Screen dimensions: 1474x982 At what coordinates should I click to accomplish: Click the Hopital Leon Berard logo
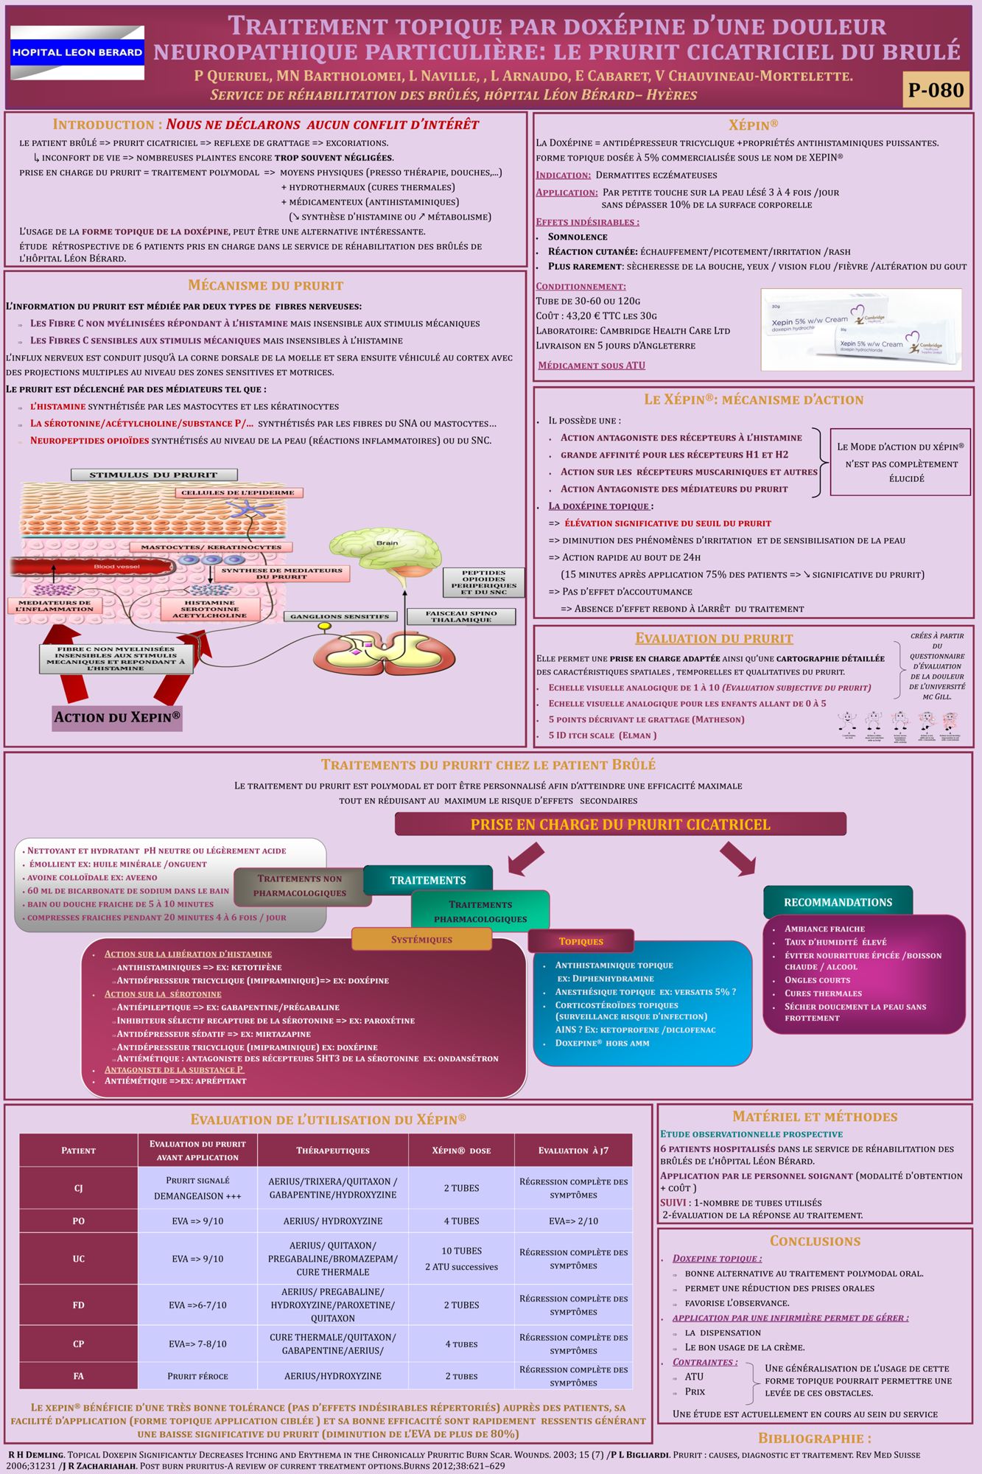pos(77,52)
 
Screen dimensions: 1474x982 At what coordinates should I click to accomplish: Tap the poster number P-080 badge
pos(936,90)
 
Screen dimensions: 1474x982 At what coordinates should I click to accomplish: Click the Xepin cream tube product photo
pos(861,329)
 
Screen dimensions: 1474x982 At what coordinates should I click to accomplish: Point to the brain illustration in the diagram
pos(385,549)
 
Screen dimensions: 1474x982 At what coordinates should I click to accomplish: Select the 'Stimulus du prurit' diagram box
pos(154,475)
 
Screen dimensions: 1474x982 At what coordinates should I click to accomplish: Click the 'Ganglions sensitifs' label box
pos(340,616)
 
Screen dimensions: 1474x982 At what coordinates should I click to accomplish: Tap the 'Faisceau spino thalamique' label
pos(461,617)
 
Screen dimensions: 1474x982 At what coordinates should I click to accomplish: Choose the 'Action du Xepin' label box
pos(117,717)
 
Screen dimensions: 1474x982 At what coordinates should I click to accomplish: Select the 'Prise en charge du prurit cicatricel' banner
pos(620,824)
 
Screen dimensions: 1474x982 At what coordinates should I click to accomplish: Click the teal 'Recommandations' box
pos(838,902)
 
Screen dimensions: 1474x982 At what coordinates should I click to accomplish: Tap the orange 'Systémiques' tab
pos(421,940)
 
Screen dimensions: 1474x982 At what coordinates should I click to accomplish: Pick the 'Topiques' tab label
pos(581,941)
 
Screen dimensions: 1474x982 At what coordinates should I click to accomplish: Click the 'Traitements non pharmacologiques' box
pos(300,886)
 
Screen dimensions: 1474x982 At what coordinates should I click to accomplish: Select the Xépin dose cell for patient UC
pos(461,1259)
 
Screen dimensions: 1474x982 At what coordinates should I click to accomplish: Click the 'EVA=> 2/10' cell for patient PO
pos(573,1221)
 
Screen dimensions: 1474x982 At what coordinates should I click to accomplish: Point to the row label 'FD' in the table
pos(79,1305)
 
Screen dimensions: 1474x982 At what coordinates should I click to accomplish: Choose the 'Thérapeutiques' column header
pos(333,1150)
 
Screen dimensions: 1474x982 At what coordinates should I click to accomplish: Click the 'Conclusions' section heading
pos(815,1241)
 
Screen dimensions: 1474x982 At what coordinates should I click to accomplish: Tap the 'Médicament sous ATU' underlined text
pos(592,366)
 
